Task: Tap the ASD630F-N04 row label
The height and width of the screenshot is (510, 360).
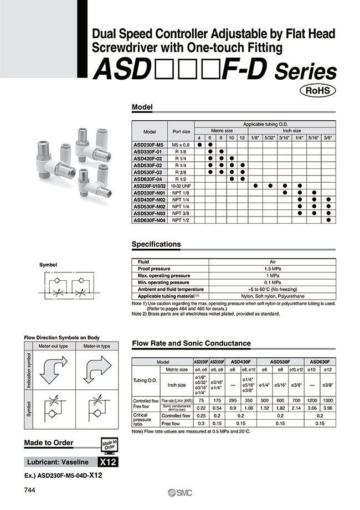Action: click(150, 220)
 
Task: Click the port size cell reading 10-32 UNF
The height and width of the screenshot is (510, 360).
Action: click(181, 186)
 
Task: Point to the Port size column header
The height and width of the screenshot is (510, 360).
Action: click(181, 132)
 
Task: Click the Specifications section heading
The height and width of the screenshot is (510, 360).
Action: click(156, 244)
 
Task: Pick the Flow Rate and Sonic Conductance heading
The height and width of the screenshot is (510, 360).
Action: click(191, 343)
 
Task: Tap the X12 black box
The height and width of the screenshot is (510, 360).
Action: click(107, 462)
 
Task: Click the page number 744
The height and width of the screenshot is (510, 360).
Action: click(30, 491)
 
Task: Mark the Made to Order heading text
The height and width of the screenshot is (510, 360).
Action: click(49, 442)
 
